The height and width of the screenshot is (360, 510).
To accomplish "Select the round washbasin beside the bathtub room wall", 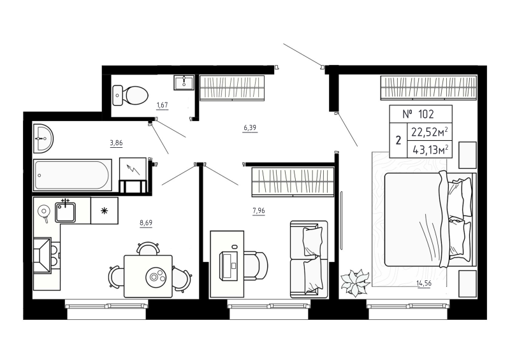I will click(x=43, y=137).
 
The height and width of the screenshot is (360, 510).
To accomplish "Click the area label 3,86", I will click(x=116, y=143).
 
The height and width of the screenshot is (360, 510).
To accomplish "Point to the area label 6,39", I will click(x=250, y=128).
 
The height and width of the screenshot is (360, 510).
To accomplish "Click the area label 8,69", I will click(x=146, y=223).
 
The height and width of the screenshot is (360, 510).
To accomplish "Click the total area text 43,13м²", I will click(x=429, y=150).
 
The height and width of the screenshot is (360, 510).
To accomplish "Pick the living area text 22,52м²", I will click(x=429, y=133).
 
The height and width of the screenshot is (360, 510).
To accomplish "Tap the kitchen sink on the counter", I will click(x=66, y=210).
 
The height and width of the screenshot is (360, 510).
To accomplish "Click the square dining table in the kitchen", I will click(x=148, y=275).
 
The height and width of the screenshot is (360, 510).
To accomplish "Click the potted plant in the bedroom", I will click(x=354, y=282).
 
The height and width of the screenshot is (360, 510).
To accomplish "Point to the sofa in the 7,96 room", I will click(x=309, y=258).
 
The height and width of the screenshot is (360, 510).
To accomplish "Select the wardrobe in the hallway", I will click(x=231, y=88).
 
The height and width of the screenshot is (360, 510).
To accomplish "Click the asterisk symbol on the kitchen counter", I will click(x=105, y=210).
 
